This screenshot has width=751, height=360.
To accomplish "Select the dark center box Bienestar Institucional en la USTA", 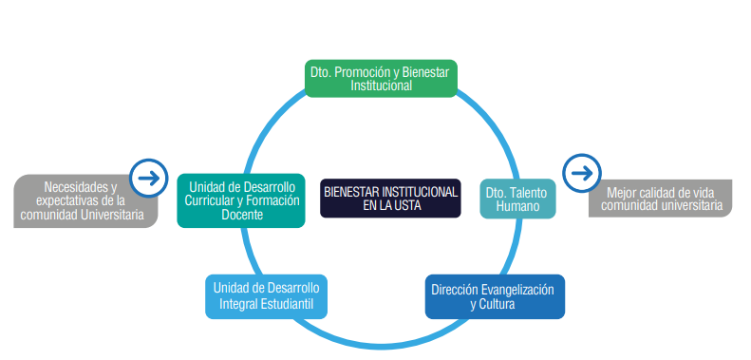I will click(389, 198).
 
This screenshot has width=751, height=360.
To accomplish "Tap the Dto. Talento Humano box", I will click(516, 198).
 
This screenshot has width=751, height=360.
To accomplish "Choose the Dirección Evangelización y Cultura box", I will click(494, 297).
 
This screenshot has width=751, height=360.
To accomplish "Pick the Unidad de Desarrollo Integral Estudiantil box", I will click(266, 296).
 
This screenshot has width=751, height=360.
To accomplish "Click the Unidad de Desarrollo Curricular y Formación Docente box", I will click(240, 199).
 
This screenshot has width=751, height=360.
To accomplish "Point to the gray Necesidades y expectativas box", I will click(85, 201).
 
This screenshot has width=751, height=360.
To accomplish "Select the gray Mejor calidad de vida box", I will click(663, 198).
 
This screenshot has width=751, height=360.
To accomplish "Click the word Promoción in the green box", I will click(363, 71).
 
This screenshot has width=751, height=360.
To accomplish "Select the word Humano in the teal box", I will click(516, 205).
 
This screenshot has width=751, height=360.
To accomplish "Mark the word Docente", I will click(240, 215).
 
